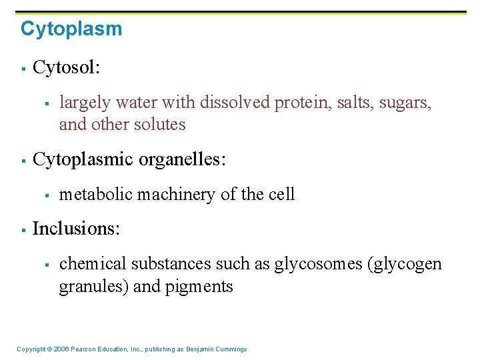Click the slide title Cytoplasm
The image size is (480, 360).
point(71,29)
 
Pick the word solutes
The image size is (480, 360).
point(159,125)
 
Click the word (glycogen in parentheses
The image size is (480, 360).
point(405,265)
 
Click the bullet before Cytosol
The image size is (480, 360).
point(23,68)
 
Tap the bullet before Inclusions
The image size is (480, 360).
point(23,229)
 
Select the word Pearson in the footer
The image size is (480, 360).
point(83,349)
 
